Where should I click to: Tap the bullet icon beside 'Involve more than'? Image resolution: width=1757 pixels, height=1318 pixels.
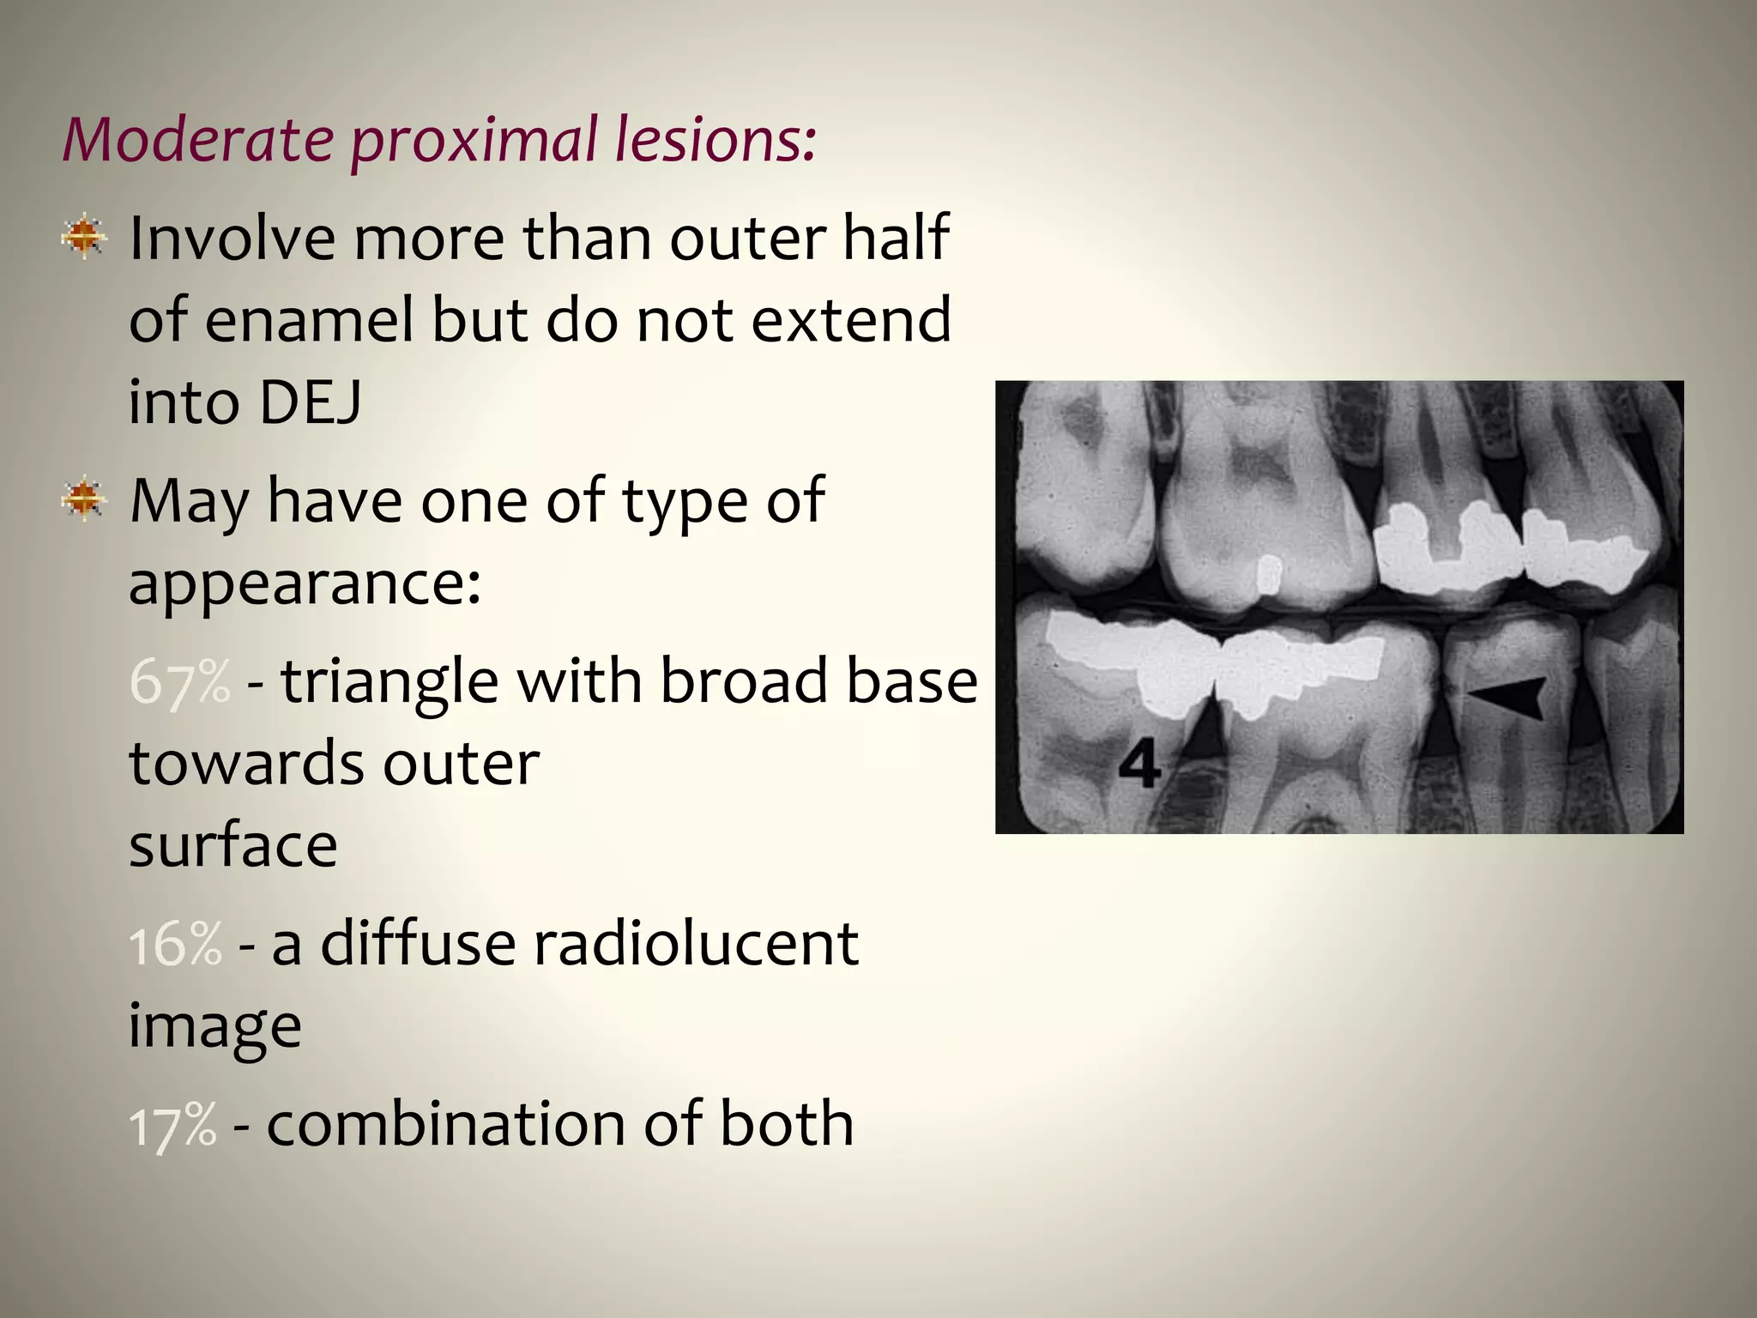[84, 237]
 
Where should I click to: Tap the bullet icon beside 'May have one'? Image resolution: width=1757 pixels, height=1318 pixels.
[84, 499]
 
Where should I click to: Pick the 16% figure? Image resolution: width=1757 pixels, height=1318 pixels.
[176, 944]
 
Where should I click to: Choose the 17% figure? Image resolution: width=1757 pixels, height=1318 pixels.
[173, 1124]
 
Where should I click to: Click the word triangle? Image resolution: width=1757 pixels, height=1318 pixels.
[389, 681]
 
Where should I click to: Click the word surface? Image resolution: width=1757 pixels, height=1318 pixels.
[233, 846]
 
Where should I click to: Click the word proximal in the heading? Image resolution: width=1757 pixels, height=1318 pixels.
[474, 139]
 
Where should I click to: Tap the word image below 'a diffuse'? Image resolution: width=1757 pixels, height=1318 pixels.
[214, 1026]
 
